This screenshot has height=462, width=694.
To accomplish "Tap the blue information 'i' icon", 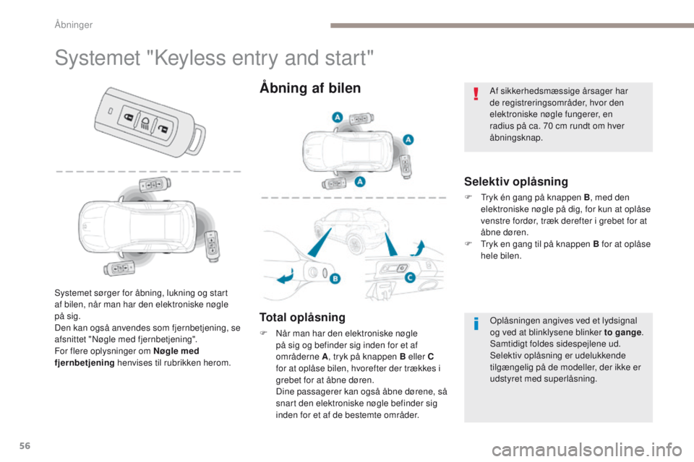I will point(475,324).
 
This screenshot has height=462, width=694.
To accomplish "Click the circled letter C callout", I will point(410,276).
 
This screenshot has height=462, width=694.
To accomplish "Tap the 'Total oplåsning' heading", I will point(301,317).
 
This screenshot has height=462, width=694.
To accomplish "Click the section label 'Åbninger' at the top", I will point(74,25).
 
